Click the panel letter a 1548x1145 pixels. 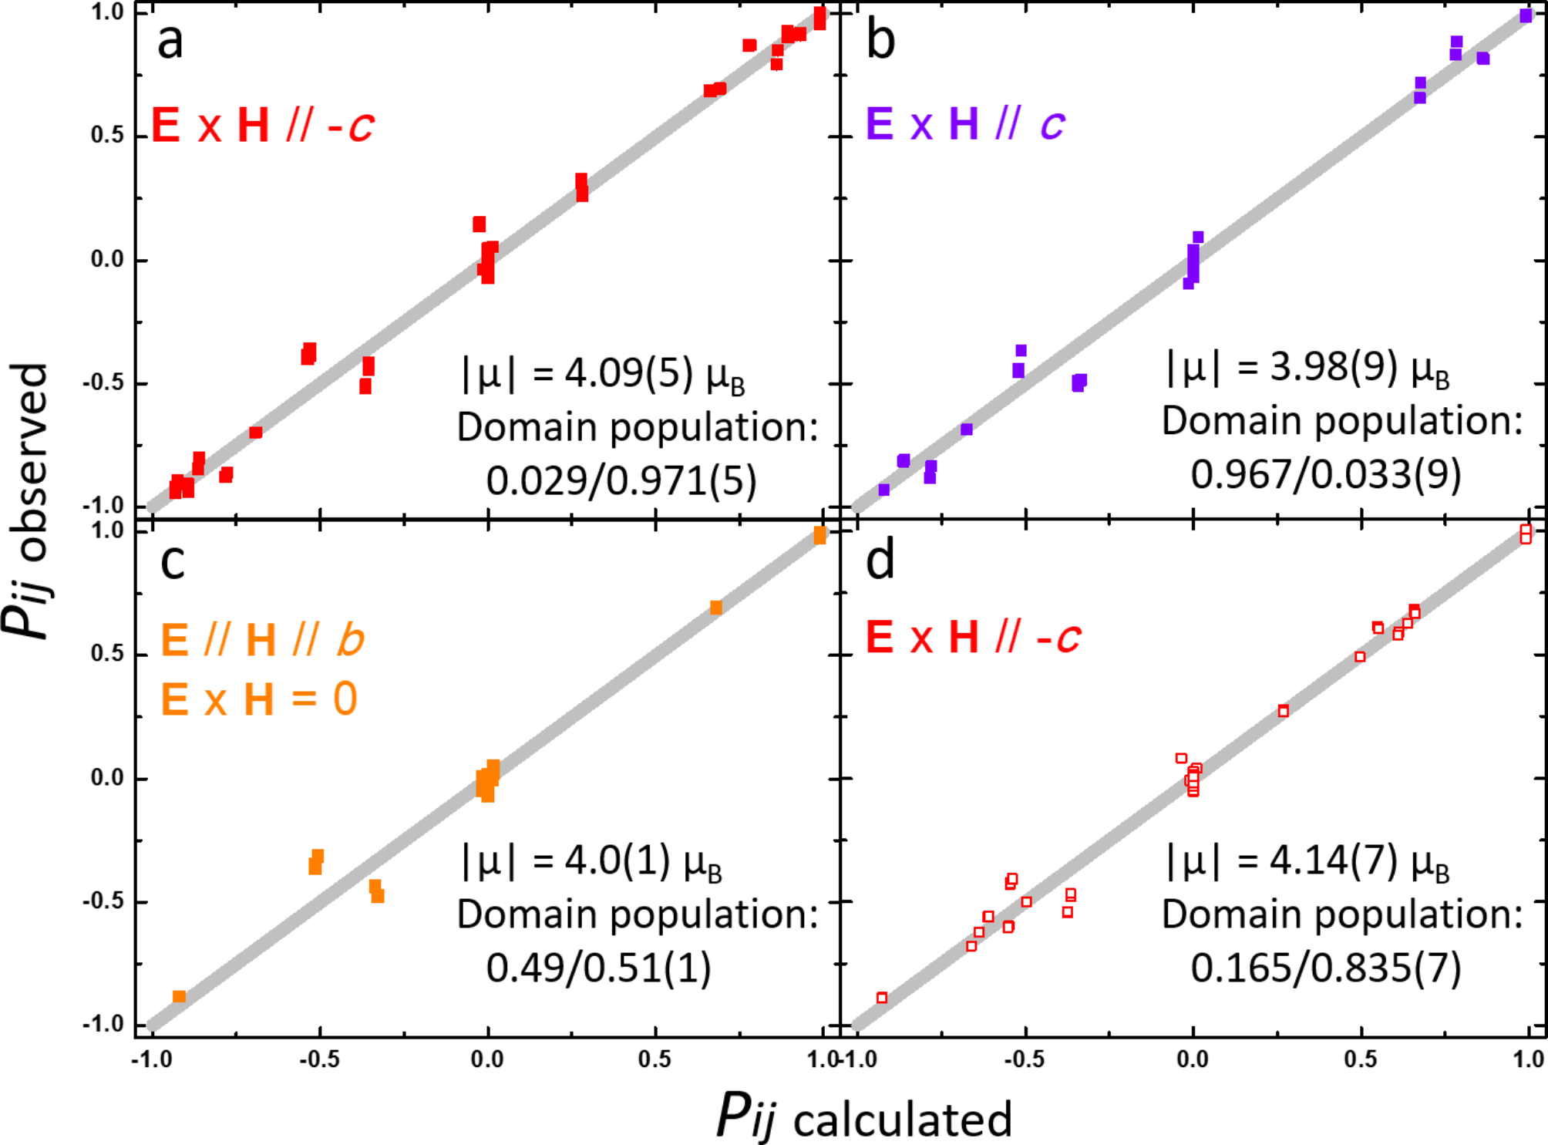pos(170,42)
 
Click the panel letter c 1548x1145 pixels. pos(172,561)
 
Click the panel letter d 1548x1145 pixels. pos(880,561)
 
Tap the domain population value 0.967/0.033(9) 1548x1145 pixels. pos(1325,474)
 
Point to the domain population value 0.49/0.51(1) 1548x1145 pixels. pos(598,968)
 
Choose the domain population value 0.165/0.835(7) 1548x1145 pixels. pos(1325,968)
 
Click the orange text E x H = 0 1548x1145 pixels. pos(259,700)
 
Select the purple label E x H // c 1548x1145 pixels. pos(965,123)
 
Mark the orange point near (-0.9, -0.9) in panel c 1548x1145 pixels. pos(179,996)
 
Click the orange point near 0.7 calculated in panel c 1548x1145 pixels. pos(716,608)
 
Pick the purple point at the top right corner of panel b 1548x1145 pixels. pos(1526,15)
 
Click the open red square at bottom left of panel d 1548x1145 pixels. pos(882,998)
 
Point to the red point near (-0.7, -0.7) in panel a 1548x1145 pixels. pos(256,433)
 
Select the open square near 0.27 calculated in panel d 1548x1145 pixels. pos(1283,711)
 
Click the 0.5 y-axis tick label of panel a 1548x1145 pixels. pos(107,136)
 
